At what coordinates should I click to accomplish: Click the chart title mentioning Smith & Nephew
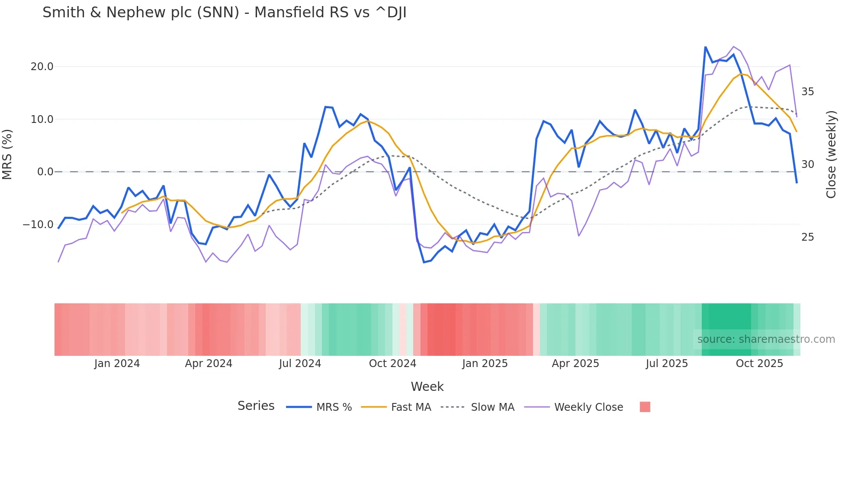coord(224,13)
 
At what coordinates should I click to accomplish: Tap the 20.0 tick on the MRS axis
coord(42,67)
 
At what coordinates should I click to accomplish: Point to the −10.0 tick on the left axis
coord(38,225)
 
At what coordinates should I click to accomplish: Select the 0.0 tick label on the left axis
coord(45,172)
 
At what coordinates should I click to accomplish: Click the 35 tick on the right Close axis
coord(807,92)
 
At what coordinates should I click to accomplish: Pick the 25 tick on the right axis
coord(807,237)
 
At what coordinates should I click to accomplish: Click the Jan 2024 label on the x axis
coord(117,364)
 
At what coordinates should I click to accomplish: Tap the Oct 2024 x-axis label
coord(392,364)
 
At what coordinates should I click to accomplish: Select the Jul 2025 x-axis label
coord(667,364)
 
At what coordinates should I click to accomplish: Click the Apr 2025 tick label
coord(575,364)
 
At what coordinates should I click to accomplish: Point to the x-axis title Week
coord(427,387)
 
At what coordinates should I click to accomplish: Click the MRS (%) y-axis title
coord(7,154)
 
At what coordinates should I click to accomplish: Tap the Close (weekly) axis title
coord(831,155)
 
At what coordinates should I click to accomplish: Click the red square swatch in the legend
coord(645,407)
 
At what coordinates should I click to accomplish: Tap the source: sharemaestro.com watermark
coord(766,339)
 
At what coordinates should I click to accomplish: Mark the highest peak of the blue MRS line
coord(705,47)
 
